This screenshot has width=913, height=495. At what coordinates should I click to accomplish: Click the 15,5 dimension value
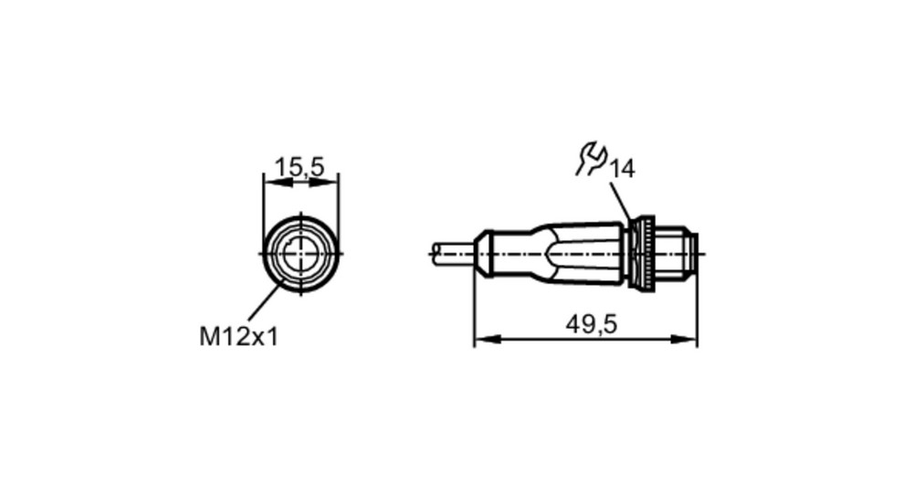coord(299,168)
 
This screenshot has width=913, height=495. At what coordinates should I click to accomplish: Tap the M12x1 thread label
coord(238,337)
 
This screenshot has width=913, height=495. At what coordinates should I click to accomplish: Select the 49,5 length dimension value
coord(591,324)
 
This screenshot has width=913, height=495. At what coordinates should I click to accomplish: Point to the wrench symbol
coord(591,158)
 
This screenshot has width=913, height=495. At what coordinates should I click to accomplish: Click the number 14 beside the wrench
coord(622,170)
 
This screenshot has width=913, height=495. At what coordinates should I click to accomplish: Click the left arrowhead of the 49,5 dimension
coord(488,340)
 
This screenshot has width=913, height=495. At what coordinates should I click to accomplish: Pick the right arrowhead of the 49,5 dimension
coord(684,340)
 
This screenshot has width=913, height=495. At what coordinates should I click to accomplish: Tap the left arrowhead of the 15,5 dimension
coord(276,183)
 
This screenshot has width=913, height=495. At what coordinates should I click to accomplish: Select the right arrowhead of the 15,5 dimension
coord(325,183)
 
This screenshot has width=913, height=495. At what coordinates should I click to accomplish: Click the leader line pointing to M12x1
coord(267,299)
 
